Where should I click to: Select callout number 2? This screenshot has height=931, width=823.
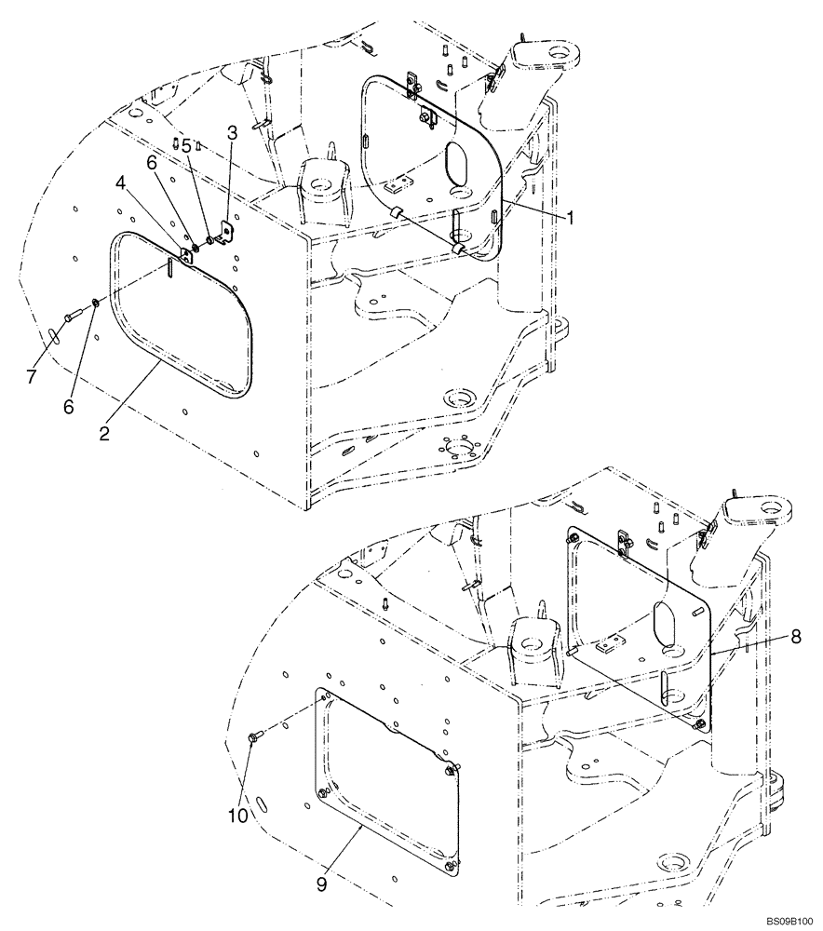pyautogui.click(x=105, y=432)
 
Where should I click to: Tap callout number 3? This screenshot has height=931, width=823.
pyautogui.click(x=231, y=132)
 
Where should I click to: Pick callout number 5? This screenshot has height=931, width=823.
pyautogui.click(x=186, y=146)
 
